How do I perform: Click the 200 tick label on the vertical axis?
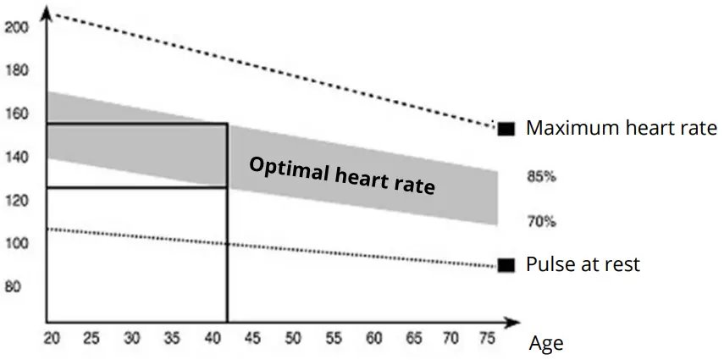[17, 27]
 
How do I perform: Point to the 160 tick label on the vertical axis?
[17, 114]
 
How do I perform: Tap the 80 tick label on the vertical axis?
[14, 286]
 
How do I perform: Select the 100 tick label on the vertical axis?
[17, 244]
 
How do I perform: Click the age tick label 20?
[51, 338]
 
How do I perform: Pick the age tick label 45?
[252, 338]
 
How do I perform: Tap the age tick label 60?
[373, 338]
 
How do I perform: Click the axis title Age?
[545, 344]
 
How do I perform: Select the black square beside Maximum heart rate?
[506, 129]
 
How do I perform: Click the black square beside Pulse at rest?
[506, 265]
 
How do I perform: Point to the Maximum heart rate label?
[622, 129]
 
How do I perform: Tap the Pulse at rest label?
[583, 264]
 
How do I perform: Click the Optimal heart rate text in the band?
[341, 175]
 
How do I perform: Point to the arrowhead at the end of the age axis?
[512, 323]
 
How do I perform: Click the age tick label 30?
[131, 338]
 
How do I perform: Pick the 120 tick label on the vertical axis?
[17, 201]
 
